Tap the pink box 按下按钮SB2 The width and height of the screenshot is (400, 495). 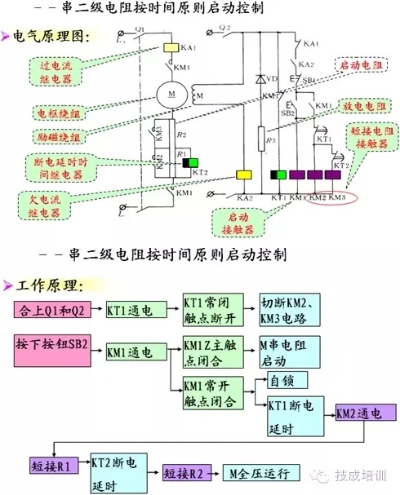coord(51,353)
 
